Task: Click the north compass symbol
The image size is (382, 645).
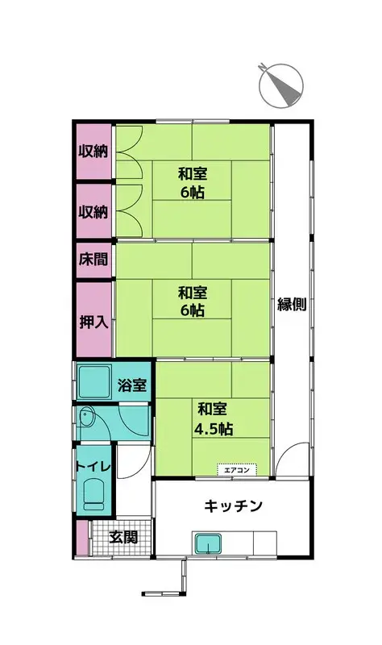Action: [x=280, y=86]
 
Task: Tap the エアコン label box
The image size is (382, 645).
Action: [x=237, y=469]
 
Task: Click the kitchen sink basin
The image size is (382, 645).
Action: [x=208, y=543]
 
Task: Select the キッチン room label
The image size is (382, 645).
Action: [x=233, y=506]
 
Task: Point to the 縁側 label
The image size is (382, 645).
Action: [x=292, y=305]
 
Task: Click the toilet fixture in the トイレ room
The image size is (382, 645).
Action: [x=94, y=495]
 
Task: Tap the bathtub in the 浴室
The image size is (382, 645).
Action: [x=94, y=382]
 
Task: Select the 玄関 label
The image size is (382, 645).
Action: [x=123, y=537]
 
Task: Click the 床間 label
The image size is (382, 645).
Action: [x=93, y=259]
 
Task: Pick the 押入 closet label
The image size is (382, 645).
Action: [x=93, y=322]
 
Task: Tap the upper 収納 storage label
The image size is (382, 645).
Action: [x=93, y=152]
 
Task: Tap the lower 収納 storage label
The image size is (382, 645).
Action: [x=93, y=212]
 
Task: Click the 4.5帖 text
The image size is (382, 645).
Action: [x=214, y=429]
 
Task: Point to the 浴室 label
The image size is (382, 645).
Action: [x=132, y=385]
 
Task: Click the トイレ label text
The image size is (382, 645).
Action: [x=93, y=467]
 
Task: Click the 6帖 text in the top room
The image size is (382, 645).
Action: [x=193, y=192]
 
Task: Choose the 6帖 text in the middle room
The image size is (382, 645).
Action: [x=193, y=310]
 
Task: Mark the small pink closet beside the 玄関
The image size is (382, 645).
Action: [x=82, y=538]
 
